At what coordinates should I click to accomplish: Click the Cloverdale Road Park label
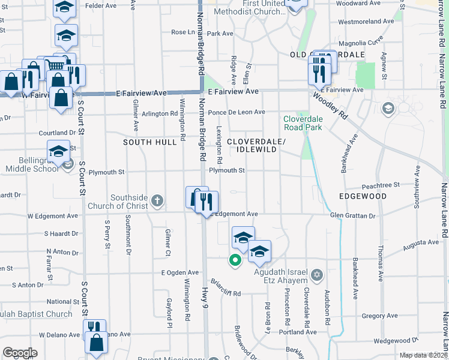point(303,123)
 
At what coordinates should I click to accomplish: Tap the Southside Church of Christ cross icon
point(157,200)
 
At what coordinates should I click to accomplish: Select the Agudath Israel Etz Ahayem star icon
point(317,275)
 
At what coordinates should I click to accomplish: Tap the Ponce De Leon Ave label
point(237,112)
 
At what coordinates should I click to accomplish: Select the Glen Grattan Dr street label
point(352,215)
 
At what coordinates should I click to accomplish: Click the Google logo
point(20,353)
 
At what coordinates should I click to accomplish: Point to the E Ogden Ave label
point(179,272)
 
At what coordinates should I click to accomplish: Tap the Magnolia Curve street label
point(361,43)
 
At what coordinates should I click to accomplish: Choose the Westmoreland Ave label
point(366,22)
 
